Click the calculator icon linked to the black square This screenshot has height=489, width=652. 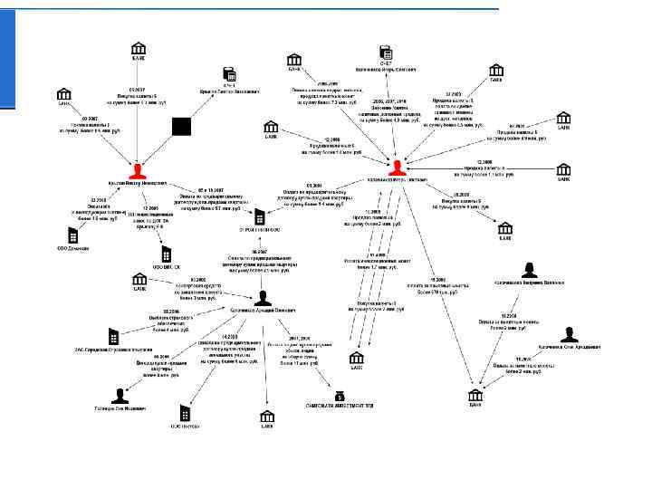point(229,74)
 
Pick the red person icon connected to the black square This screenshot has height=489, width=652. point(138,170)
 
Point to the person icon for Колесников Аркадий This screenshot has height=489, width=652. point(263,297)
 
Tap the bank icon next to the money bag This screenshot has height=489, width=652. point(267,416)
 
